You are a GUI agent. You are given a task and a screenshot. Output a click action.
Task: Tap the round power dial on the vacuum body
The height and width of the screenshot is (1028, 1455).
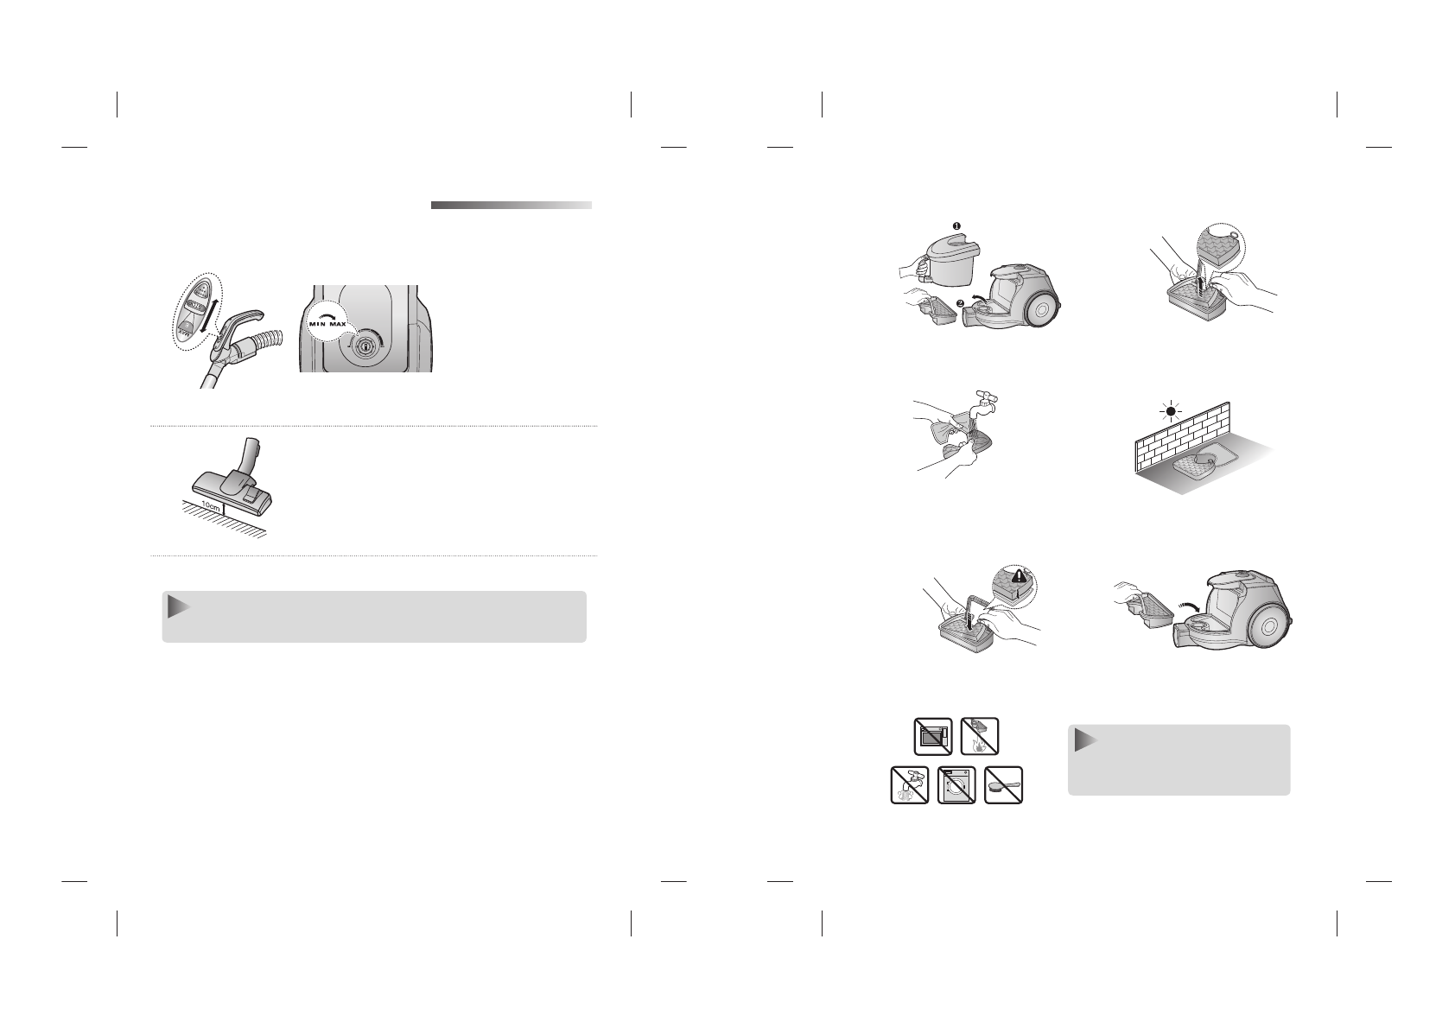tap(365, 346)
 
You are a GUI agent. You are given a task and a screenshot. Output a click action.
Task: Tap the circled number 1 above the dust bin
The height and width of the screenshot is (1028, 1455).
tap(956, 226)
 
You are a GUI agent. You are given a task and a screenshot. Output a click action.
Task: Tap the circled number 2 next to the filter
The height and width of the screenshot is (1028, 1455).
tap(960, 301)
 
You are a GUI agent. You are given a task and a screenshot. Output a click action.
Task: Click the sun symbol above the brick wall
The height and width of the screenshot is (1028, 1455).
tap(1172, 412)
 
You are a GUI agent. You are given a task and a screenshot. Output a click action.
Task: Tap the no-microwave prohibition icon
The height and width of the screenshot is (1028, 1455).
tap(933, 737)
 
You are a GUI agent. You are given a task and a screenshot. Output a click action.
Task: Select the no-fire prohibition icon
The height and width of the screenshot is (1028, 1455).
tap(981, 736)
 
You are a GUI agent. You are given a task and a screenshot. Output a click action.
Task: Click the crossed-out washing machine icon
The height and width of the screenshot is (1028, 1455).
tap(956, 786)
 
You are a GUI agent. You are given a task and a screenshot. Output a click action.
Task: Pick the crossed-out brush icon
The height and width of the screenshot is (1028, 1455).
tap(1003, 786)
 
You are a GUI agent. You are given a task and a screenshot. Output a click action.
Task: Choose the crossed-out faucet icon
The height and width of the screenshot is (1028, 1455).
tap(910, 786)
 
